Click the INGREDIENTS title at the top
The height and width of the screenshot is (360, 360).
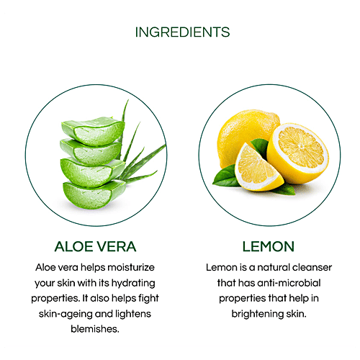182,32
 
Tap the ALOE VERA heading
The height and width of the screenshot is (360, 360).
95,246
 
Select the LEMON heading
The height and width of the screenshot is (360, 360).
268,246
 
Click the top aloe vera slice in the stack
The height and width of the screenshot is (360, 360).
94,131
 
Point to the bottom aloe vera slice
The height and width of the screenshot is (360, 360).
94,194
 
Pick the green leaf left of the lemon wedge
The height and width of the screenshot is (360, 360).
225,176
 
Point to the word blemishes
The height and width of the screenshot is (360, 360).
95,329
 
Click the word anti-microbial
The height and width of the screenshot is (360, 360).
289,283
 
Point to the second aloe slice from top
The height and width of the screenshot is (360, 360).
91,152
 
